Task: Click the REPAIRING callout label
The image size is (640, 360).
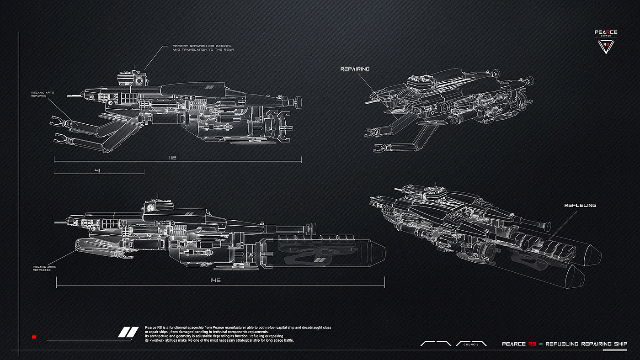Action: coord(355,69)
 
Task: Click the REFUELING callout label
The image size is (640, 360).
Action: coord(580,206)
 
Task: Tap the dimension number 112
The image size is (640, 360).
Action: coord(172,158)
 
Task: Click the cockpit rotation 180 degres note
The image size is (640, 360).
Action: coord(203,48)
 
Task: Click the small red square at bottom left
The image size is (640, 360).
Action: coord(34,337)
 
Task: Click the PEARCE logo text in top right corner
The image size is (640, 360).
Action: coord(606,32)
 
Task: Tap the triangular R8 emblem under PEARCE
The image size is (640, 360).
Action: coord(606,46)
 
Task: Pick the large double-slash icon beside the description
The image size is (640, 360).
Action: coord(128,332)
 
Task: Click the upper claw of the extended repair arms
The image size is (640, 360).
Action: coord(59,122)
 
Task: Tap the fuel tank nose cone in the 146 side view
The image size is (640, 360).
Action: coord(376,253)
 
